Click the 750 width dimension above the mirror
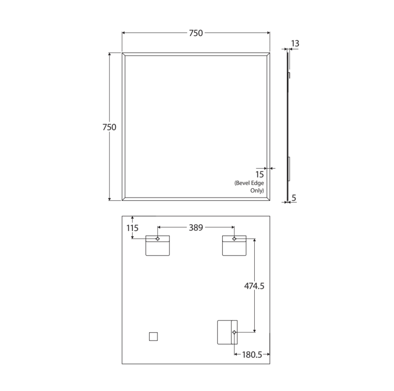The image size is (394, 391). [196, 33]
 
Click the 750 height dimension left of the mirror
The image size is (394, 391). [109, 127]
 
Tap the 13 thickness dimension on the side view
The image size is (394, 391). [295, 43]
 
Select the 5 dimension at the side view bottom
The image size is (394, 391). [294, 198]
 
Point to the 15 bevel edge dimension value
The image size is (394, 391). [260, 174]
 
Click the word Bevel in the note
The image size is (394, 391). [242, 183]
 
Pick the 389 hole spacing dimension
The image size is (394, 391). [196, 227]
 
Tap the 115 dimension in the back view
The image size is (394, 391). [132, 228]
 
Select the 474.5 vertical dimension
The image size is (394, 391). [254, 286]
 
